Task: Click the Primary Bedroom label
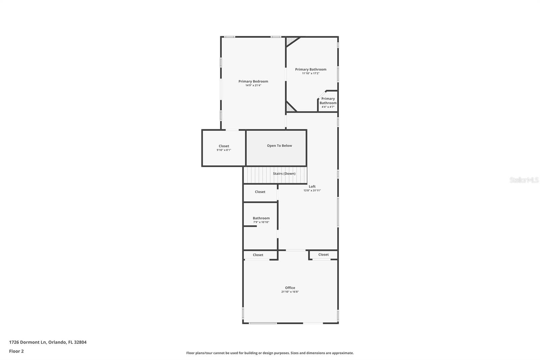(253, 81)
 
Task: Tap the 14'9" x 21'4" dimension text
(253, 85)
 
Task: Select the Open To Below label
(279, 146)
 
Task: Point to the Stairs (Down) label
(284, 174)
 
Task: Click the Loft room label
(312, 186)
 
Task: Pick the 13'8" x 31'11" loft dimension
(312, 190)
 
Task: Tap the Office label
(290, 288)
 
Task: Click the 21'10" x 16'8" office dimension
(290, 292)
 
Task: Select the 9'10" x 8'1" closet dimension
(224, 150)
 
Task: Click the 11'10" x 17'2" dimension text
(310, 73)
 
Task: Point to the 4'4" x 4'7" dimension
(328, 107)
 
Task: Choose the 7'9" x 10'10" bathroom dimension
(261, 222)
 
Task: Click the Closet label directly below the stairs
(260, 192)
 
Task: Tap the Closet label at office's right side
(323, 255)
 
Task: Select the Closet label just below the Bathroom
(258, 255)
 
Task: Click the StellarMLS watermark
(524, 180)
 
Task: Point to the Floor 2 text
(16, 351)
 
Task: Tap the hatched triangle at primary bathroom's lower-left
(290, 108)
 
